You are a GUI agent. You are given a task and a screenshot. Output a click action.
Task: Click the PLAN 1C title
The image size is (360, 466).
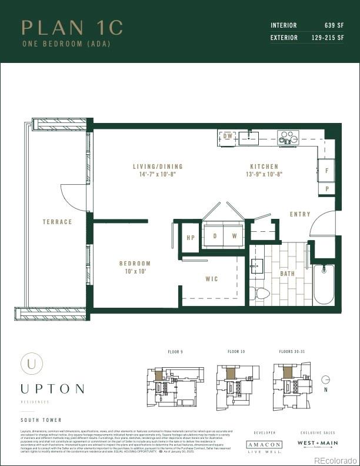[x=72, y=28]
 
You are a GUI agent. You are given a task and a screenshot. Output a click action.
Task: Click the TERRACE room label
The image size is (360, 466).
[x=57, y=222]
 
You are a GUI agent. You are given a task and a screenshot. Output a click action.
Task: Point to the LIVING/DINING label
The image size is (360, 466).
[x=158, y=167]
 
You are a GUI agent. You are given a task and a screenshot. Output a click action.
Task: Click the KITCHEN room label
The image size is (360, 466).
[x=264, y=167]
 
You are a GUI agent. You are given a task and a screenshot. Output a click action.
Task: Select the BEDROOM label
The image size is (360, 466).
[x=135, y=264]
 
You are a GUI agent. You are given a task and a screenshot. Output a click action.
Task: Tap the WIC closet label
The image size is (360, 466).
[x=212, y=278]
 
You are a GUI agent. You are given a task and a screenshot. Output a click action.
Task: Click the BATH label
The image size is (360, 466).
[x=287, y=274]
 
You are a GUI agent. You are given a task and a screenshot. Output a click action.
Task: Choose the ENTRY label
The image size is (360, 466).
[x=300, y=214]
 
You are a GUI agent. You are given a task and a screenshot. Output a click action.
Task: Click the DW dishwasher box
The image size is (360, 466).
[x=228, y=137]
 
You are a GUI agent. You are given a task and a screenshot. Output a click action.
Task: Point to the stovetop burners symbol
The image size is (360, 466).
[x=288, y=138]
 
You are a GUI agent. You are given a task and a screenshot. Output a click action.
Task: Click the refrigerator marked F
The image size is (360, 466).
[x=326, y=170]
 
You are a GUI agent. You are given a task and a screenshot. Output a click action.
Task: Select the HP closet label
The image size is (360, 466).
[x=191, y=237]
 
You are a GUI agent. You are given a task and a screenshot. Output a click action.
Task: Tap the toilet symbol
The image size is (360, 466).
[x=259, y=293]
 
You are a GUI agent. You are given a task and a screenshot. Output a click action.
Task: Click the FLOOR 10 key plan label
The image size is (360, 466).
[x=236, y=351]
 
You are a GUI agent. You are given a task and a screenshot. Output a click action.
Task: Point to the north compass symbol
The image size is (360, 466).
[x=326, y=380]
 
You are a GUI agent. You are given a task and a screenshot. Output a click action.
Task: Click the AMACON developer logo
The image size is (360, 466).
[x=264, y=445]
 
